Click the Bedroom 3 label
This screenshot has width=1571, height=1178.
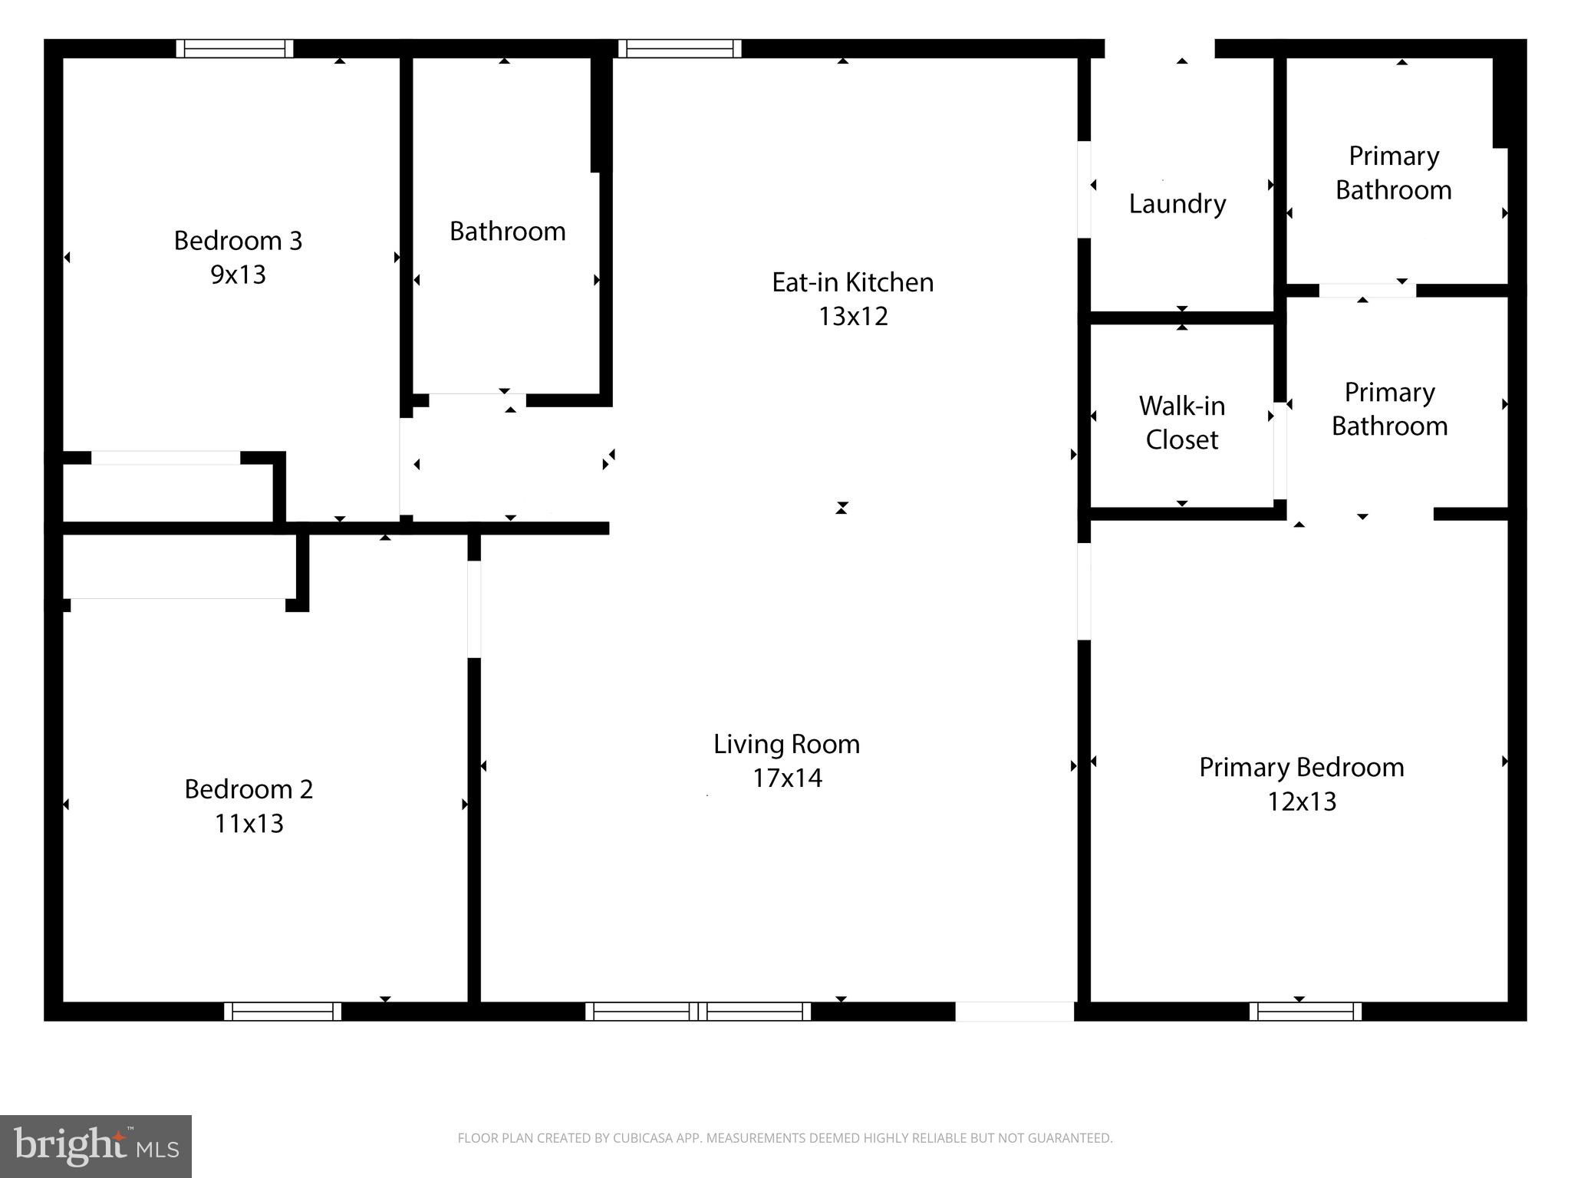(x=238, y=241)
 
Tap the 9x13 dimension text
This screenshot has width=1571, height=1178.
(x=238, y=275)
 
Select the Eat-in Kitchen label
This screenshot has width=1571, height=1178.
(x=852, y=282)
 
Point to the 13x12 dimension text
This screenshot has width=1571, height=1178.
(x=853, y=316)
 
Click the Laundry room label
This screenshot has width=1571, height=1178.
(x=1177, y=204)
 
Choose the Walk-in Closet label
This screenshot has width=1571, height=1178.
(x=1181, y=423)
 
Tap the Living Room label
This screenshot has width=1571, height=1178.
(x=786, y=744)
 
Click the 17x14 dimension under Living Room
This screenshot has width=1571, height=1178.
(x=787, y=778)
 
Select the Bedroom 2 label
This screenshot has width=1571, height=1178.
(x=249, y=789)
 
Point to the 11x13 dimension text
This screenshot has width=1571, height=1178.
(x=249, y=824)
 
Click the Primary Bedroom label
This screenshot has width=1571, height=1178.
(x=1301, y=767)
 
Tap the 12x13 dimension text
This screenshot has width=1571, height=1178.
(x=1301, y=801)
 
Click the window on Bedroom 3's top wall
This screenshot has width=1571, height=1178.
(x=235, y=48)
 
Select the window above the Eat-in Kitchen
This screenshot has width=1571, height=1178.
(x=680, y=48)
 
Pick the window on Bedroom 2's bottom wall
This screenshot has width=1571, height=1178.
(x=282, y=1012)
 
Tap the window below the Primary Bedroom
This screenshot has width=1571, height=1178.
(x=1305, y=1012)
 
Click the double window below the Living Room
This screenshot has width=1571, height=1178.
(x=697, y=1012)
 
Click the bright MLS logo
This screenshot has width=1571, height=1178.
(x=96, y=1146)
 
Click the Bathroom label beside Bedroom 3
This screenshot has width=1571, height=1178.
(x=507, y=232)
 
